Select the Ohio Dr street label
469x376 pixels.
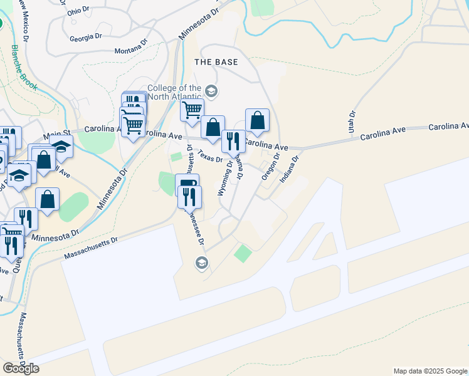coord(78,11)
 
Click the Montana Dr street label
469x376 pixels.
coord(130,48)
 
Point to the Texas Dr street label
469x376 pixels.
coord(210,155)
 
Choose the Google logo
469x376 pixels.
coord(21,368)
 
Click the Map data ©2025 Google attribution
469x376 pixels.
coord(429,371)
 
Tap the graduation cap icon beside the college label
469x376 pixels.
coord(211,92)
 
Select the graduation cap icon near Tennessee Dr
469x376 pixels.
coord(201,262)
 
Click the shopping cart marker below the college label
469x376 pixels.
coord(192,110)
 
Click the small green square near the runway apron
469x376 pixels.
coord(243,254)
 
